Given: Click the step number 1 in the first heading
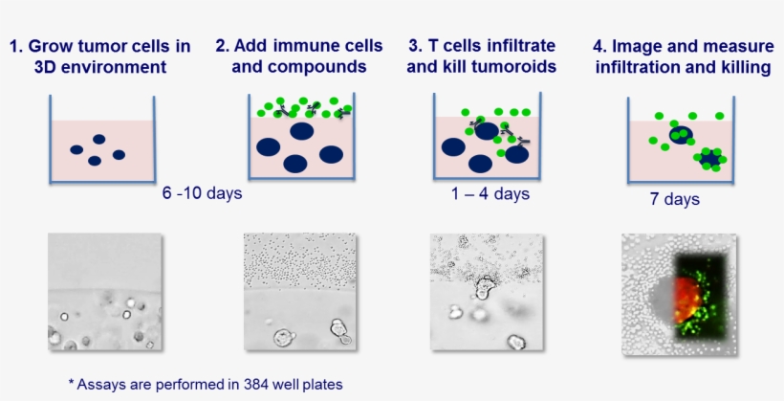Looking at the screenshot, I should [x=14, y=46].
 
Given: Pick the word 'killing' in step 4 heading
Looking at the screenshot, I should [x=744, y=67].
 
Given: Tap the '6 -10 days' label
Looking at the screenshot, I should [x=202, y=193].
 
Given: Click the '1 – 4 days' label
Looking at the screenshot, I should [x=490, y=194].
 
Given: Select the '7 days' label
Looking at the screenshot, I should [x=674, y=200].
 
